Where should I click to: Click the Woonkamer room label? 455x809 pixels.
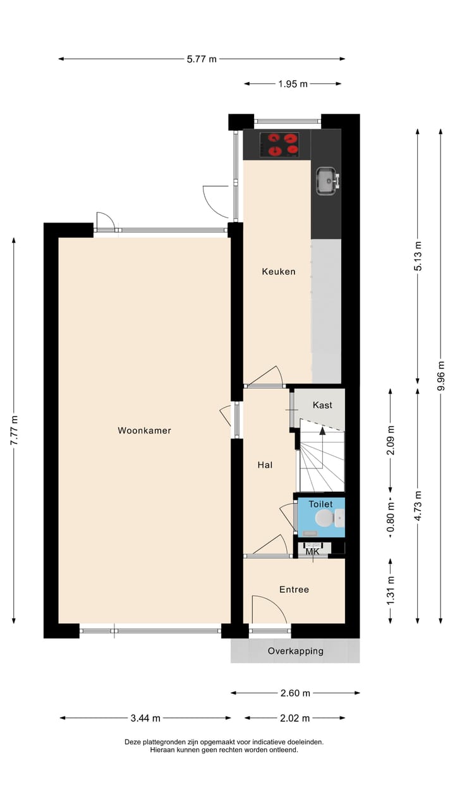144,431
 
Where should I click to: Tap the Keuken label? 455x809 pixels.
279,272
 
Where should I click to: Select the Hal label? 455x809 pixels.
265,465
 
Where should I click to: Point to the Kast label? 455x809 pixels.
322,405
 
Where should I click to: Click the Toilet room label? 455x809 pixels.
320,504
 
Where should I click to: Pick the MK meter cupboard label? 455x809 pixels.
312,552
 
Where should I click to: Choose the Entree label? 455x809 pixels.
294,590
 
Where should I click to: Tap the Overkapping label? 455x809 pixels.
295,651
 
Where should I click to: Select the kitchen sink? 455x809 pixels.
327,181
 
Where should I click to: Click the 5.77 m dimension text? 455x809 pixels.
202,59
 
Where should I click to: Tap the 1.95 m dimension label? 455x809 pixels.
293,83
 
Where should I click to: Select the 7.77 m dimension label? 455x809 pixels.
15,431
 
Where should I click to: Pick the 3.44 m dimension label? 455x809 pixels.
145,718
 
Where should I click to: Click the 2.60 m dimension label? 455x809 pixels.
295,693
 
